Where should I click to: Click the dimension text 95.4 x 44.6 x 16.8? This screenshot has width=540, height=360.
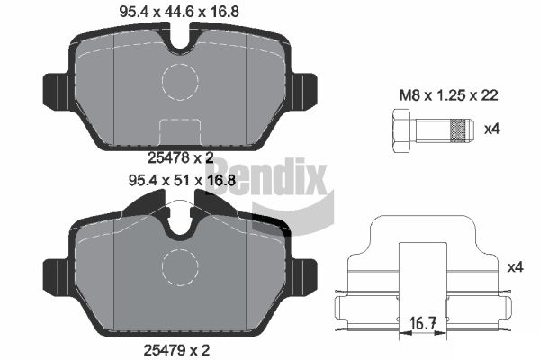click(179, 12)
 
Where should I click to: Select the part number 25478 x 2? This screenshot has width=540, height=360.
click(181, 158)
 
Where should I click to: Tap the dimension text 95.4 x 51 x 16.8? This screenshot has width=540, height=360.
click(182, 180)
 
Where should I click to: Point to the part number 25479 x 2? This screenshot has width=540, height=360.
click(176, 350)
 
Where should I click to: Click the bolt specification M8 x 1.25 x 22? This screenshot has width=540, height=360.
click(449, 95)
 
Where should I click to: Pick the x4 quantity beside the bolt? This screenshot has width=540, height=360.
click(491, 130)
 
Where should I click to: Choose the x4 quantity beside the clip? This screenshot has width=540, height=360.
click(515, 267)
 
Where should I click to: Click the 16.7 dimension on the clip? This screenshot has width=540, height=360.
click(423, 323)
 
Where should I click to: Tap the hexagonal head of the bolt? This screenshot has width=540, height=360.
click(401, 130)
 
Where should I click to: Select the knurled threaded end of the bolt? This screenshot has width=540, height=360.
click(461, 130)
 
